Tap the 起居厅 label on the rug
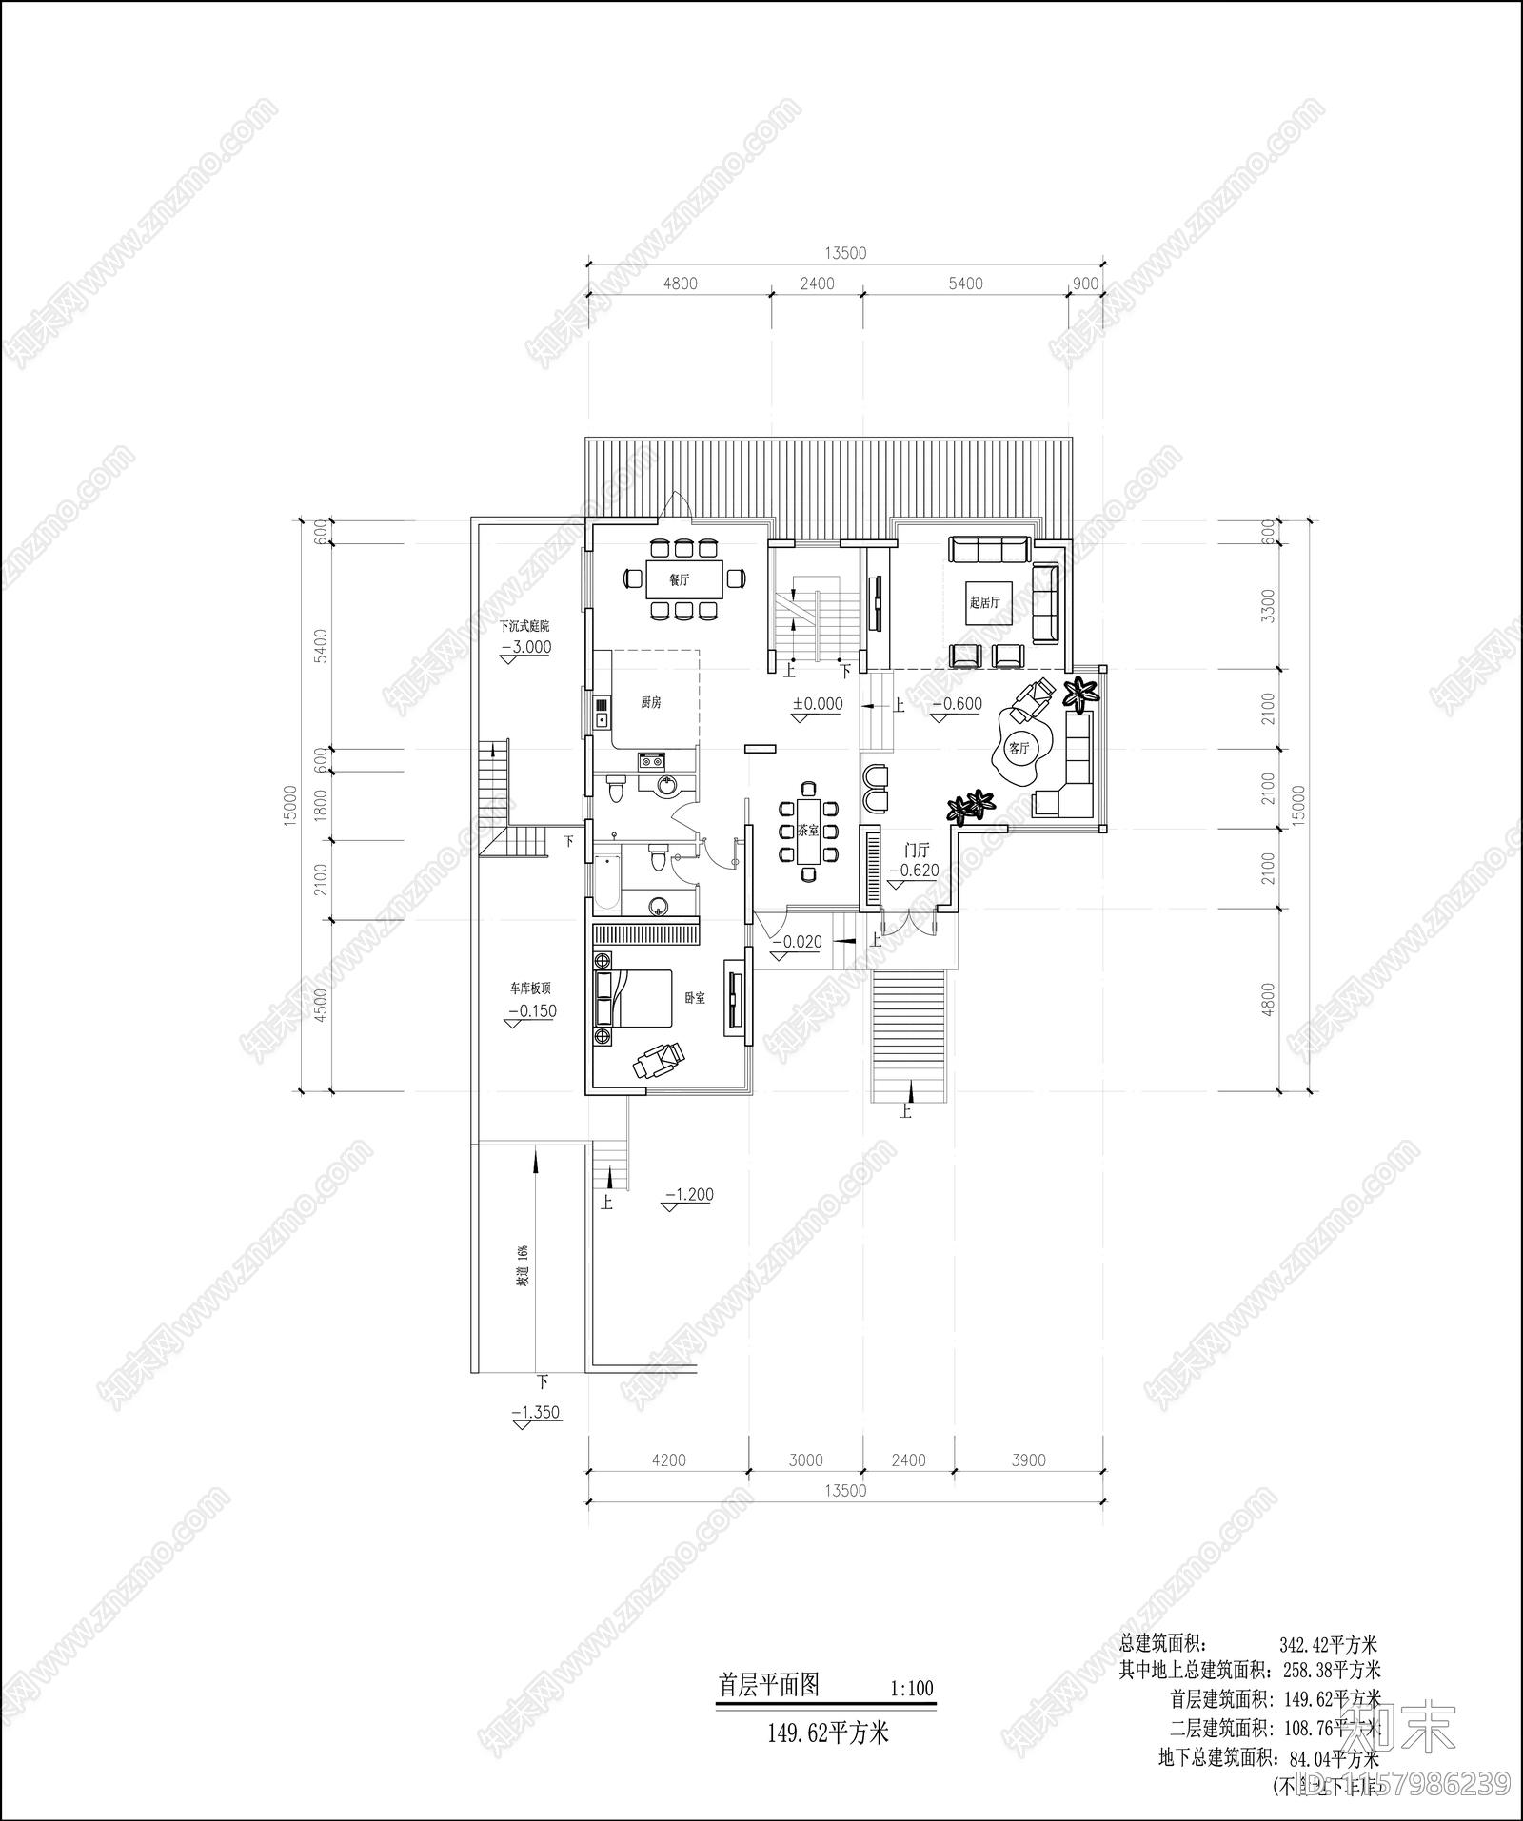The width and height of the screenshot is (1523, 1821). tap(985, 602)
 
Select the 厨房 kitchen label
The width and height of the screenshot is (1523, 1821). tap(650, 702)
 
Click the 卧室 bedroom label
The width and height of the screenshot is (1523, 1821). tap(695, 998)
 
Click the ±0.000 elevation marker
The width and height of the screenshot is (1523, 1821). tap(818, 704)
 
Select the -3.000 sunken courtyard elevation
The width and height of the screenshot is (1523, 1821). tap(525, 647)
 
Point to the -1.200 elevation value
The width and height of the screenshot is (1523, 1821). tap(689, 1195)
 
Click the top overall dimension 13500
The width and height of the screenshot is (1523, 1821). tap(845, 253)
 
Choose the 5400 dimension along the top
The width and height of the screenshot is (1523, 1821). tap(965, 284)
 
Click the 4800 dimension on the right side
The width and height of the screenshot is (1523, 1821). tap(1266, 999)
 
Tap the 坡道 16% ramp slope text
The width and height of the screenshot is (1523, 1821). tap(522, 1266)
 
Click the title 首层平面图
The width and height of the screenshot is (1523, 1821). tap(768, 1685)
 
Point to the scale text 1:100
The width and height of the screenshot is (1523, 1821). tap(911, 1690)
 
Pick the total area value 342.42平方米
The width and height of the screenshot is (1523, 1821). tap(1328, 1644)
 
